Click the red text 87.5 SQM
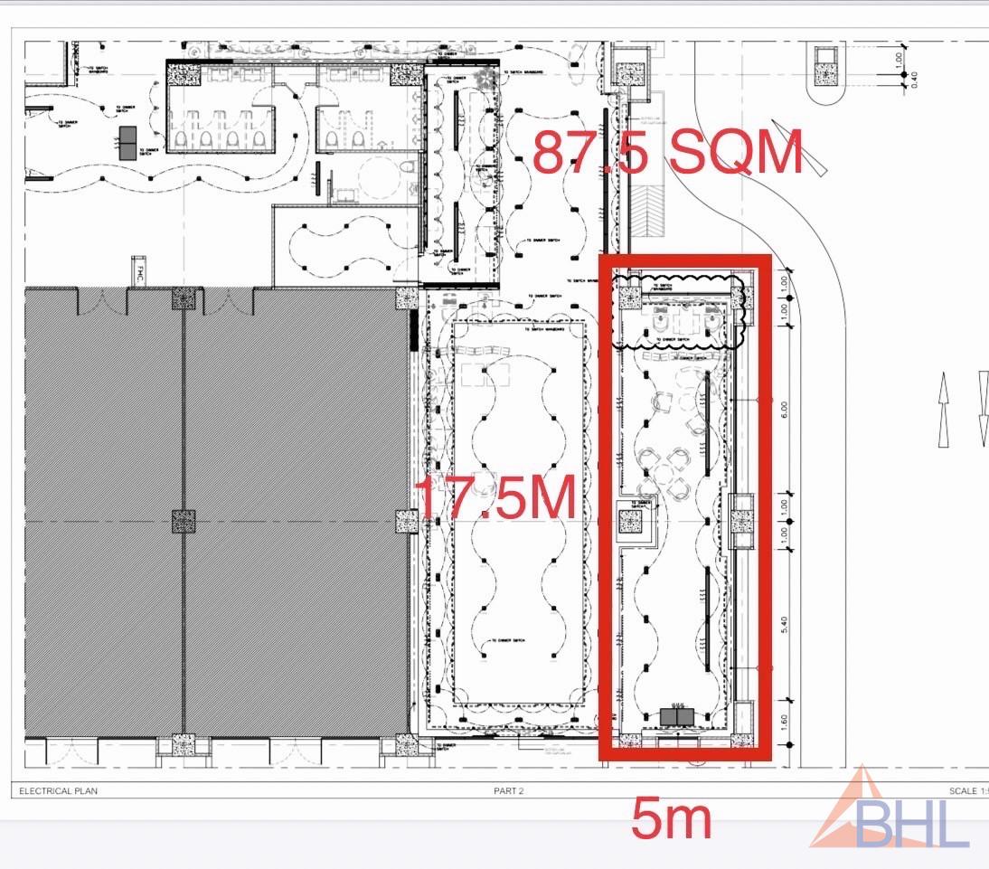667,153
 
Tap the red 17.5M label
495,498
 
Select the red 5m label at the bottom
672,819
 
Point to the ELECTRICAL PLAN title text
58,791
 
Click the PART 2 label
508,791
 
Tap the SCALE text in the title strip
962,791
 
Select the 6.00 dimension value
785,410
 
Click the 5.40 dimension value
785,625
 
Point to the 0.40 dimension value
914,80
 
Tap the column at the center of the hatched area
184,521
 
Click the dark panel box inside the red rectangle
677,716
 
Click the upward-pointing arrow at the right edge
944,408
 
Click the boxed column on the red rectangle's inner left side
630,522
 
